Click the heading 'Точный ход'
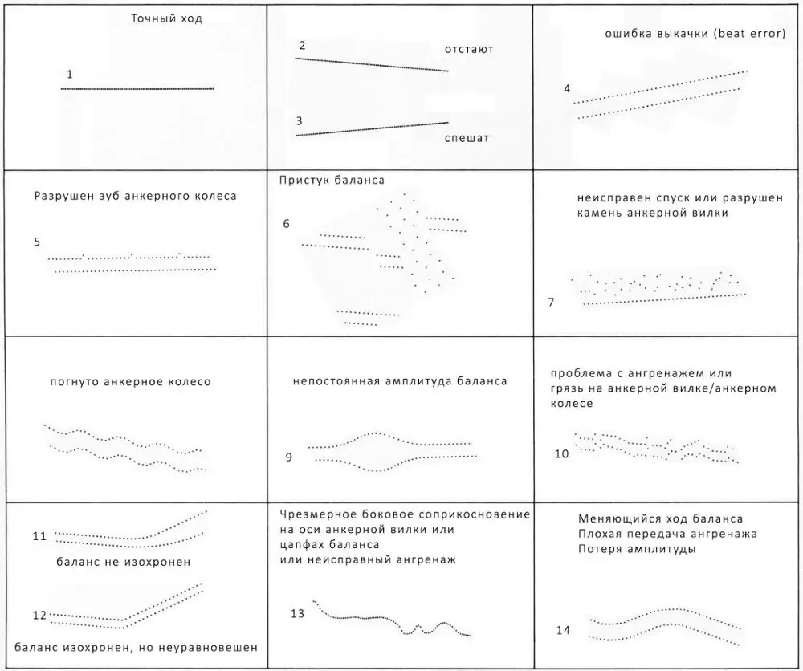coord(165,18)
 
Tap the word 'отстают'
coord(469,50)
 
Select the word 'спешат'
coord(467,138)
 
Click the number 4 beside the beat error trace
coord(567,88)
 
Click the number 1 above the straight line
coord(70,75)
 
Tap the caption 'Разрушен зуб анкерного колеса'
coord(135,196)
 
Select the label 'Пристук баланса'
coord(332,180)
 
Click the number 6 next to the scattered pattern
coord(286,222)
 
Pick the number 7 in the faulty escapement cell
coord(551,302)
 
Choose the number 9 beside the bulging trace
coord(288,458)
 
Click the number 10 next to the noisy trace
coord(561,453)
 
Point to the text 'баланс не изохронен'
coord(124,562)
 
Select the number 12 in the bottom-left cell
coord(39,616)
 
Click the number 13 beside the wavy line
coord(297,614)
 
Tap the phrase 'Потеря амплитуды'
coord(636,549)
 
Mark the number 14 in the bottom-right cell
coord(563,630)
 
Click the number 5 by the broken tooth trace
coord(37,241)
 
